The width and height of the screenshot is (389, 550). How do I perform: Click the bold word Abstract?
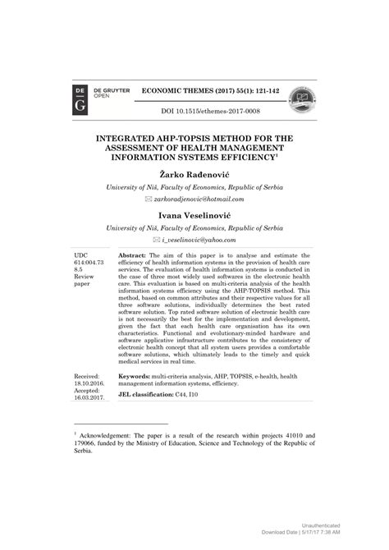tap(134, 256)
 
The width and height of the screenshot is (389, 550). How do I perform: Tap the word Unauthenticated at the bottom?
tap(321, 525)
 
